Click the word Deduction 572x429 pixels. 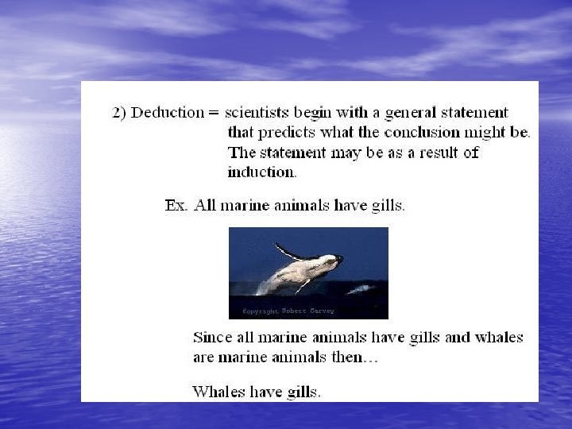[x=168, y=113]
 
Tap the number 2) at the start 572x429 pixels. [x=119, y=113]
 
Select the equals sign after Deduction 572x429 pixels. [x=213, y=113]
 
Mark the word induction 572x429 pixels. [x=261, y=171]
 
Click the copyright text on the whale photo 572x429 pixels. [x=278, y=311]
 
